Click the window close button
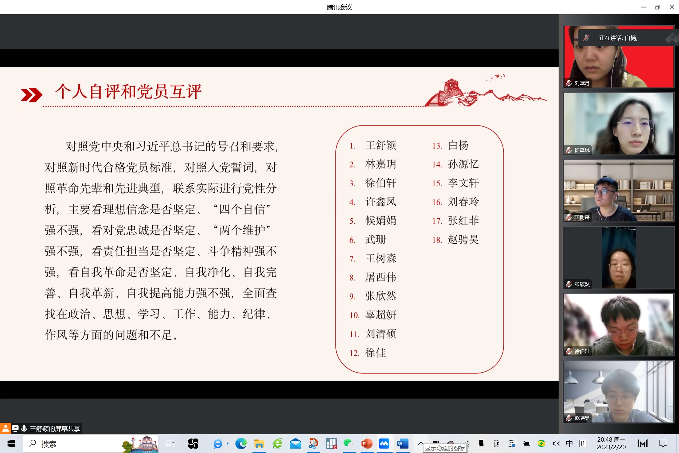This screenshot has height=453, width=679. coord(672,7)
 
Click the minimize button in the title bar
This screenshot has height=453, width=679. coord(643,7)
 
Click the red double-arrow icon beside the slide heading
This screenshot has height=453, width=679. coord(31,95)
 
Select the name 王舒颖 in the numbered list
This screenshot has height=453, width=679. coord(381,145)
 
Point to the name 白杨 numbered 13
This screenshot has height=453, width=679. coord(458,145)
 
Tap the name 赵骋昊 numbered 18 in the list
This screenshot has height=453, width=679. coord(463,239)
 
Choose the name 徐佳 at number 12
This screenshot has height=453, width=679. coord(376,353)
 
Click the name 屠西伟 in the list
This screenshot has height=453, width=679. coord(381,277)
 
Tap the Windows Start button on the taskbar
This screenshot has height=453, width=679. coord(11,444)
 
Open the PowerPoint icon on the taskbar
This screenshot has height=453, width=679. coord(367,444)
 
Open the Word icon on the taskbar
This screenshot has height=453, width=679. coord(403,444)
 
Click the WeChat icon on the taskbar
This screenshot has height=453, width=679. coord(349,443)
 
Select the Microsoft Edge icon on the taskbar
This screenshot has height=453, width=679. coord(241,444)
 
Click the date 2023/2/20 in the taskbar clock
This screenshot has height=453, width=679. coord(611,447)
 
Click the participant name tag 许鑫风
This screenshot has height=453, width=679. coord(582,150)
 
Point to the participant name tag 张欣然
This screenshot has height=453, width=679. coord(582,284)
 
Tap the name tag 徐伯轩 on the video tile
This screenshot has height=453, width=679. coord(582,351)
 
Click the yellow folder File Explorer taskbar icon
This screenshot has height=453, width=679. coord(259,444)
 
